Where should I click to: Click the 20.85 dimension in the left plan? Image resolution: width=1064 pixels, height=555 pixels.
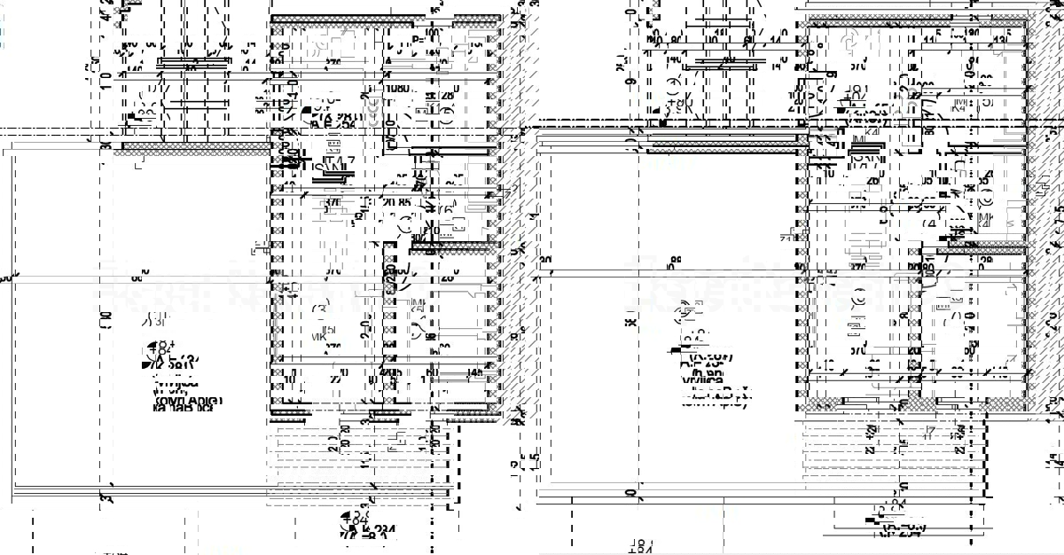(x=395, y=202)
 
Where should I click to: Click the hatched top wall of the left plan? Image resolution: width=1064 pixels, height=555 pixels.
(x=386, y=19)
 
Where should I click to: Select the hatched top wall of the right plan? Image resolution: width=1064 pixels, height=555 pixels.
(x=918, y=19)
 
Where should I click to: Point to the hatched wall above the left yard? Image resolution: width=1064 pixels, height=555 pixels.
(x=191, y=146)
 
